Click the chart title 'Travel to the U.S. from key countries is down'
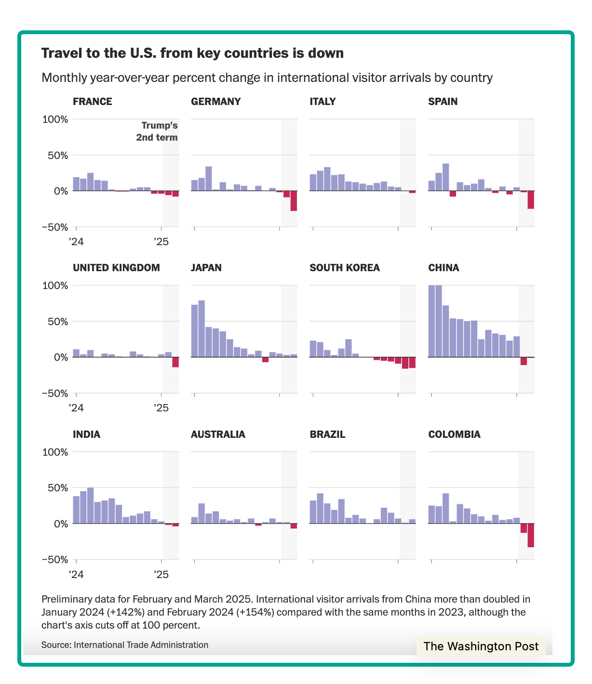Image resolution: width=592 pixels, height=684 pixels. pyautogui.click(x=192, y=53)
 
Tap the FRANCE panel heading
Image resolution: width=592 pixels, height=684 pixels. pyautogui.click(x=93, y=101)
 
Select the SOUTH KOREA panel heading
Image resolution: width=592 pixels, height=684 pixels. pyautogui.click(x=345, y=267)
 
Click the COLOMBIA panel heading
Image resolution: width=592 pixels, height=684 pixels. pyautogui.click(x=454, y=434)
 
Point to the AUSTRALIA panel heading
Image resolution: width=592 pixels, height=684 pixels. pyautogui.click(x=218, y=434)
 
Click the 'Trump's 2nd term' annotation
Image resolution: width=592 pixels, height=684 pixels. pyautogui.click(x=157, y=132)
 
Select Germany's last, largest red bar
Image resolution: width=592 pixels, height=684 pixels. pyautogui.click(x=294, y=201)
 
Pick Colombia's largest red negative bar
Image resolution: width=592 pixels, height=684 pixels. pyautogui.click(x=531, y=535)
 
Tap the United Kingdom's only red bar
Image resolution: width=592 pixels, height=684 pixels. pyautogui.click(x=175, y=362)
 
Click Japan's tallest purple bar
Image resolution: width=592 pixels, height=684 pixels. pyautogui.click(x=202, y=329)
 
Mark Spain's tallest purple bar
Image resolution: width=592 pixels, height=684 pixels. pyautogui.click(x=445, y=177)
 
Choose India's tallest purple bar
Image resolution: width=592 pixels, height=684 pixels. pyautogui.click(x=91, y=505)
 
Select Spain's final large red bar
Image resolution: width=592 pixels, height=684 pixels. pyautogui.click(x=531, y=200)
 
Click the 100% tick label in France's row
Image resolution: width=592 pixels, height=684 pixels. pyautogui.click(x=55, y=119)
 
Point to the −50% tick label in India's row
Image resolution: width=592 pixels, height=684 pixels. pyautogui.click(x=55, y=560)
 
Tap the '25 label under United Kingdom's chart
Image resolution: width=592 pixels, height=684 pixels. pyautogui.click(x=161, y=408)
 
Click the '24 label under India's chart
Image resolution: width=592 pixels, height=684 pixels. pyautogui.click(x=76, y=575)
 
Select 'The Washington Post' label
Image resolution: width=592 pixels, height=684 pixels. pyautogui.click(x=481, y=646)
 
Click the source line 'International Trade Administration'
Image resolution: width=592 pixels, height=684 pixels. pyautogui.click(x=141, y=645)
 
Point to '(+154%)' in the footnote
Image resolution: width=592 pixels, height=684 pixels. pyautogui.click(x=255, y=612)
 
